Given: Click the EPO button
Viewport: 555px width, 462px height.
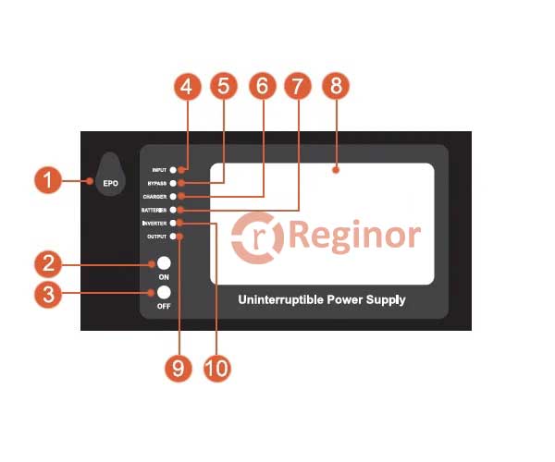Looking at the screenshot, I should pos(110,176).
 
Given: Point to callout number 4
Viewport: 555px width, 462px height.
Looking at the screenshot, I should pos(188,88).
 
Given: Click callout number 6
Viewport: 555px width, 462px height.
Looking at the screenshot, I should pos(262,88).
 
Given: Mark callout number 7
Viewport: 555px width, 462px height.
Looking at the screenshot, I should pos(297,88).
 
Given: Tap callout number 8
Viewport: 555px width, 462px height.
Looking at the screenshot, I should pos(336,88).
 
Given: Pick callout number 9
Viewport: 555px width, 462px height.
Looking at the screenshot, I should pos(179,368).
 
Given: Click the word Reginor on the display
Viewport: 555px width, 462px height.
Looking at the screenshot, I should pos(355,236).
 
